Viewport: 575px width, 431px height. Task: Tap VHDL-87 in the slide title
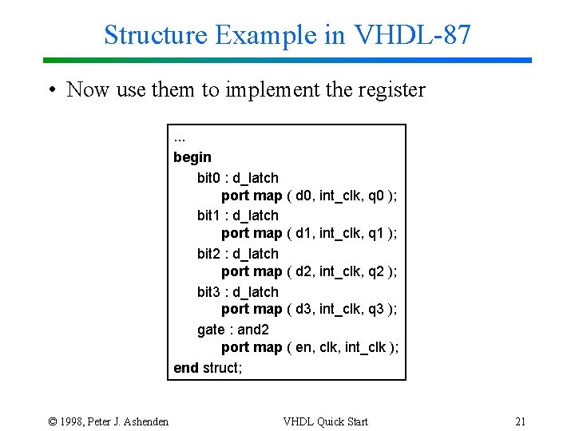point(412,35)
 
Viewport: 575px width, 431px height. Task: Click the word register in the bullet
point(387,90)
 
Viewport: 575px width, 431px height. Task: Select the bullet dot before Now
point(50,90)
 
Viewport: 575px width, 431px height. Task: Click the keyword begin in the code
point(192,157)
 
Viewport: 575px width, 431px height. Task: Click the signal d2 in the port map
point(304,271)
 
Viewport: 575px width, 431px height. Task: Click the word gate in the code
point(211,330)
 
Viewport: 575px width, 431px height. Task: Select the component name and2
point(253,330)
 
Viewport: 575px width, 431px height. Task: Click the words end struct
point(208,368)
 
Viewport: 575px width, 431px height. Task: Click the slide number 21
point(521,421)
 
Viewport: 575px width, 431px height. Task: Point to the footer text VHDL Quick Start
point(325,421)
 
